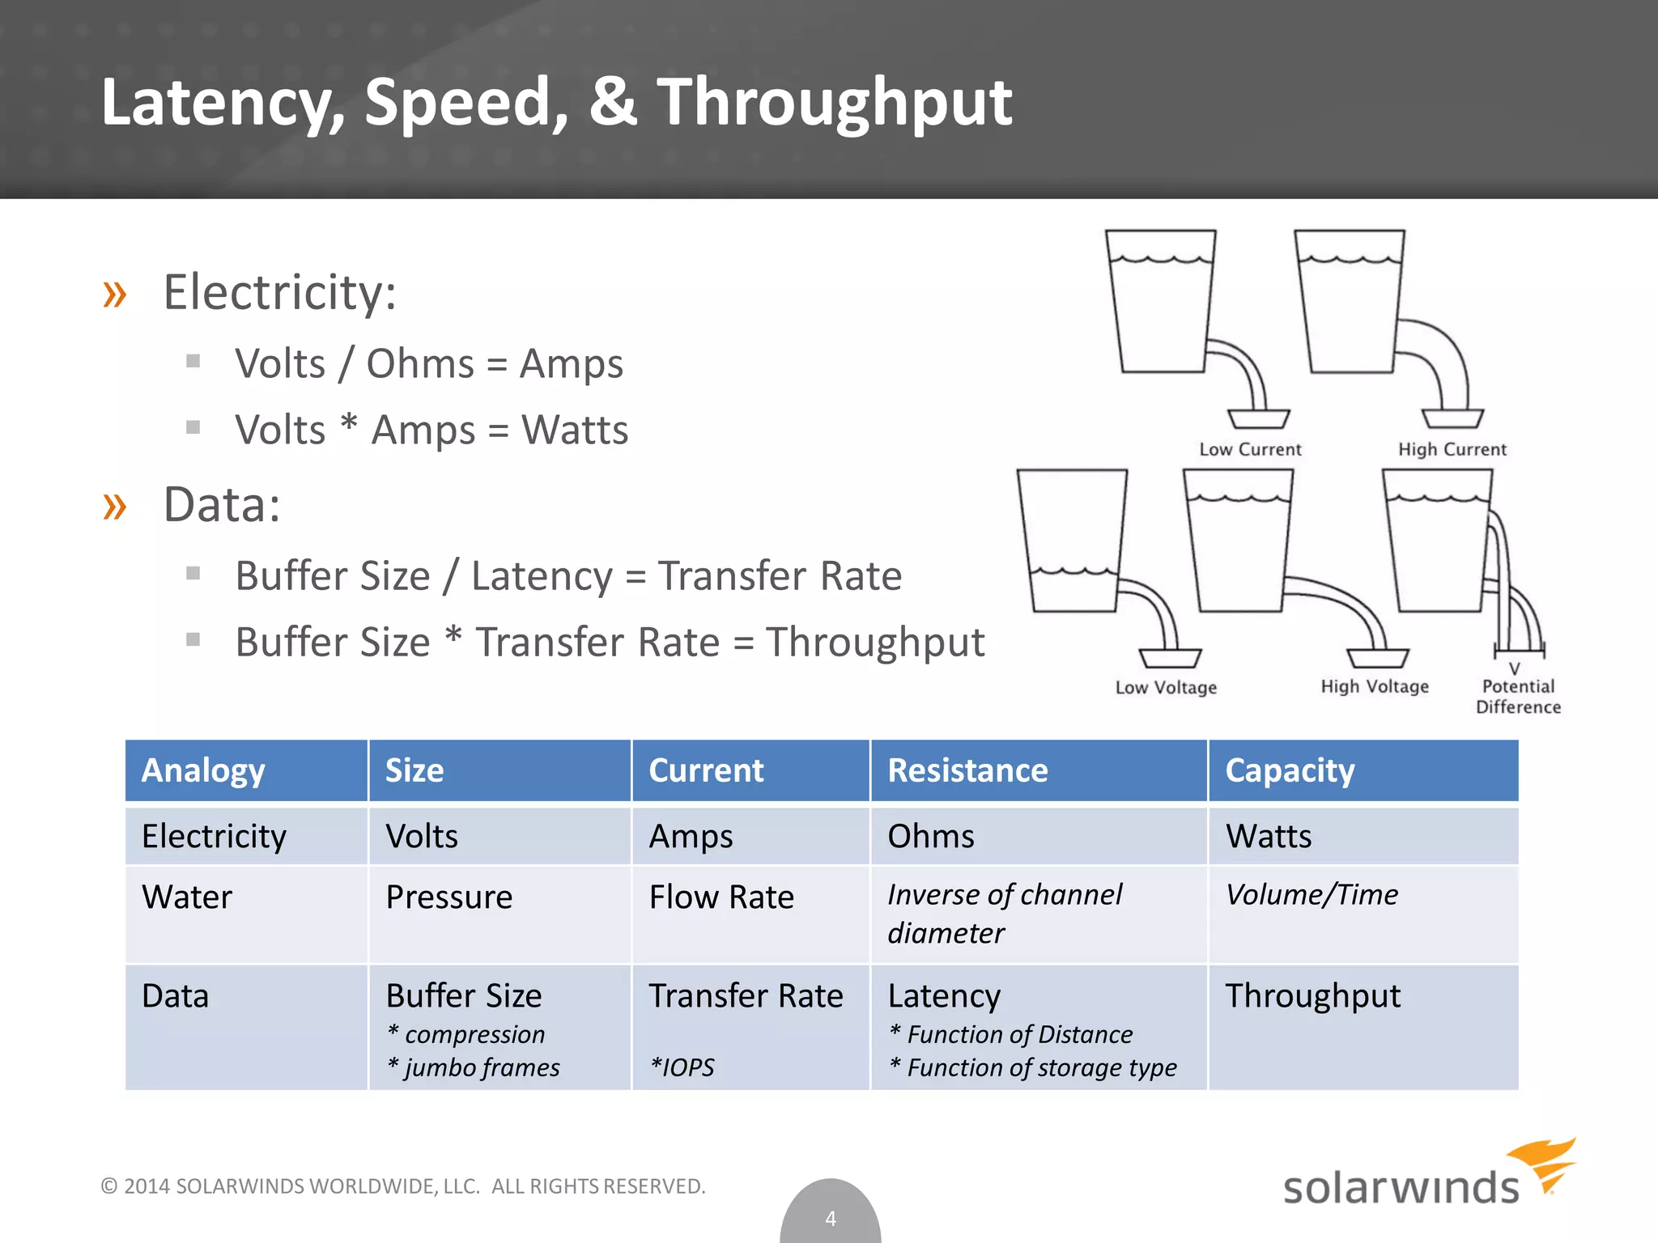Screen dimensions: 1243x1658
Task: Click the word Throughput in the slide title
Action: click(x=834, y=104)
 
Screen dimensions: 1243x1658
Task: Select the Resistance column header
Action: click(x=967, y=770)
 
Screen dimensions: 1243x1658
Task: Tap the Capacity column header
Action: click(x=1290, y=770)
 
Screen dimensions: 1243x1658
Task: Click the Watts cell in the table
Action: click(x=1269, y=836)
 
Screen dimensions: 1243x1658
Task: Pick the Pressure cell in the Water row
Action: click(x=449, y=897)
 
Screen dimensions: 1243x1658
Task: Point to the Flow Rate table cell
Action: click(x=721, y=897)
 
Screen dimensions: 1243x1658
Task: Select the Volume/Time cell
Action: click(x=1312, y=894)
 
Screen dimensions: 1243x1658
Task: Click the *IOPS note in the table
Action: click(x=682, y=1067)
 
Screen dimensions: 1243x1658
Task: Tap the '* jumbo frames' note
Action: click(x=474, y=1067)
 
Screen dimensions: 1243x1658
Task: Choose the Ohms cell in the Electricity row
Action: click(x=931, y=836)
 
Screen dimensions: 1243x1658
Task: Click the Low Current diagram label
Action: click(x=1250, y=449)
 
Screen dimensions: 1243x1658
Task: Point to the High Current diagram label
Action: click(x=1452, y=449)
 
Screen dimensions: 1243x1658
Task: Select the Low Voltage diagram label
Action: click(x=1166, y=687)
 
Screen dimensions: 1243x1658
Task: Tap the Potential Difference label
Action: click(x=1518, y=696)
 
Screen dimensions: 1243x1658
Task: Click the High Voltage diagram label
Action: click(x=1375, y=686)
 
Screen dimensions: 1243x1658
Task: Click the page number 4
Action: click(x=831, y=1218)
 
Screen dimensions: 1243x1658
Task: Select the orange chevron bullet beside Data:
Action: click(x=115, y=506)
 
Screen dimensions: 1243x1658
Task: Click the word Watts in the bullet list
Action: click(x=575, y=430)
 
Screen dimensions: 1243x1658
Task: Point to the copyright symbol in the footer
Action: click(x=109, y=1186)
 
